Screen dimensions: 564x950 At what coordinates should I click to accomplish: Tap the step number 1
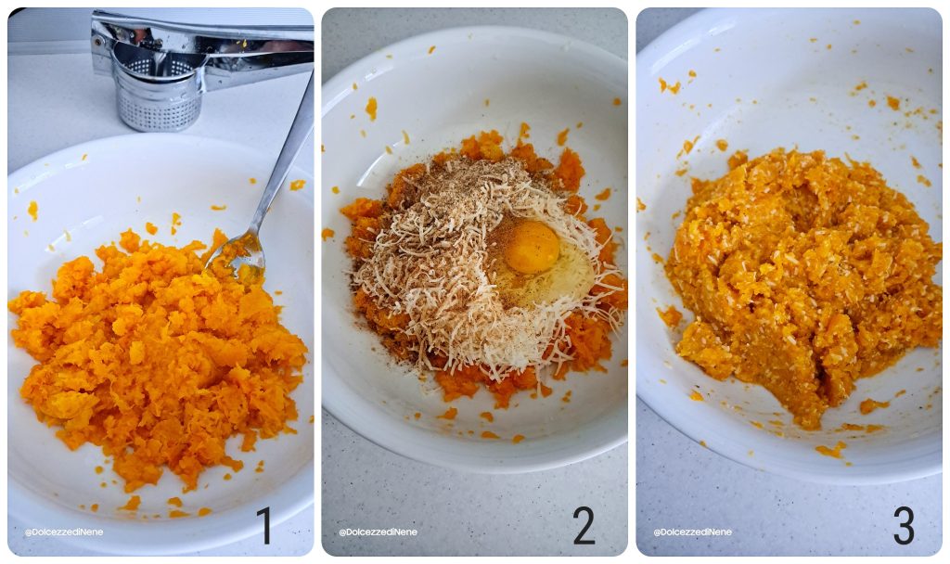264,526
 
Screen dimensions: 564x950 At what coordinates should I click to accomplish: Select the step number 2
584,526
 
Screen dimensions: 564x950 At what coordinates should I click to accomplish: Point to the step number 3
904,526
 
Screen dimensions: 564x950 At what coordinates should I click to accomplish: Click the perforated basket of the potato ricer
157,102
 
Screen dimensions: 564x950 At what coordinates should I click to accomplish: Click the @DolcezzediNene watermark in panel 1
64,532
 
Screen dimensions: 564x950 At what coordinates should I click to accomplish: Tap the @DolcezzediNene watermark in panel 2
378,532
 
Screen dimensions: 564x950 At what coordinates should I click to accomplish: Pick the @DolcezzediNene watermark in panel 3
692,532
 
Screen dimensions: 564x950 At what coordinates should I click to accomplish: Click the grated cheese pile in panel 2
427,278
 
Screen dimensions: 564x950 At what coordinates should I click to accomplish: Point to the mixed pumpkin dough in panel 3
798,278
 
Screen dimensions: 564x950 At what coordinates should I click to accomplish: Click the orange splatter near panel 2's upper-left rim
371,109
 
